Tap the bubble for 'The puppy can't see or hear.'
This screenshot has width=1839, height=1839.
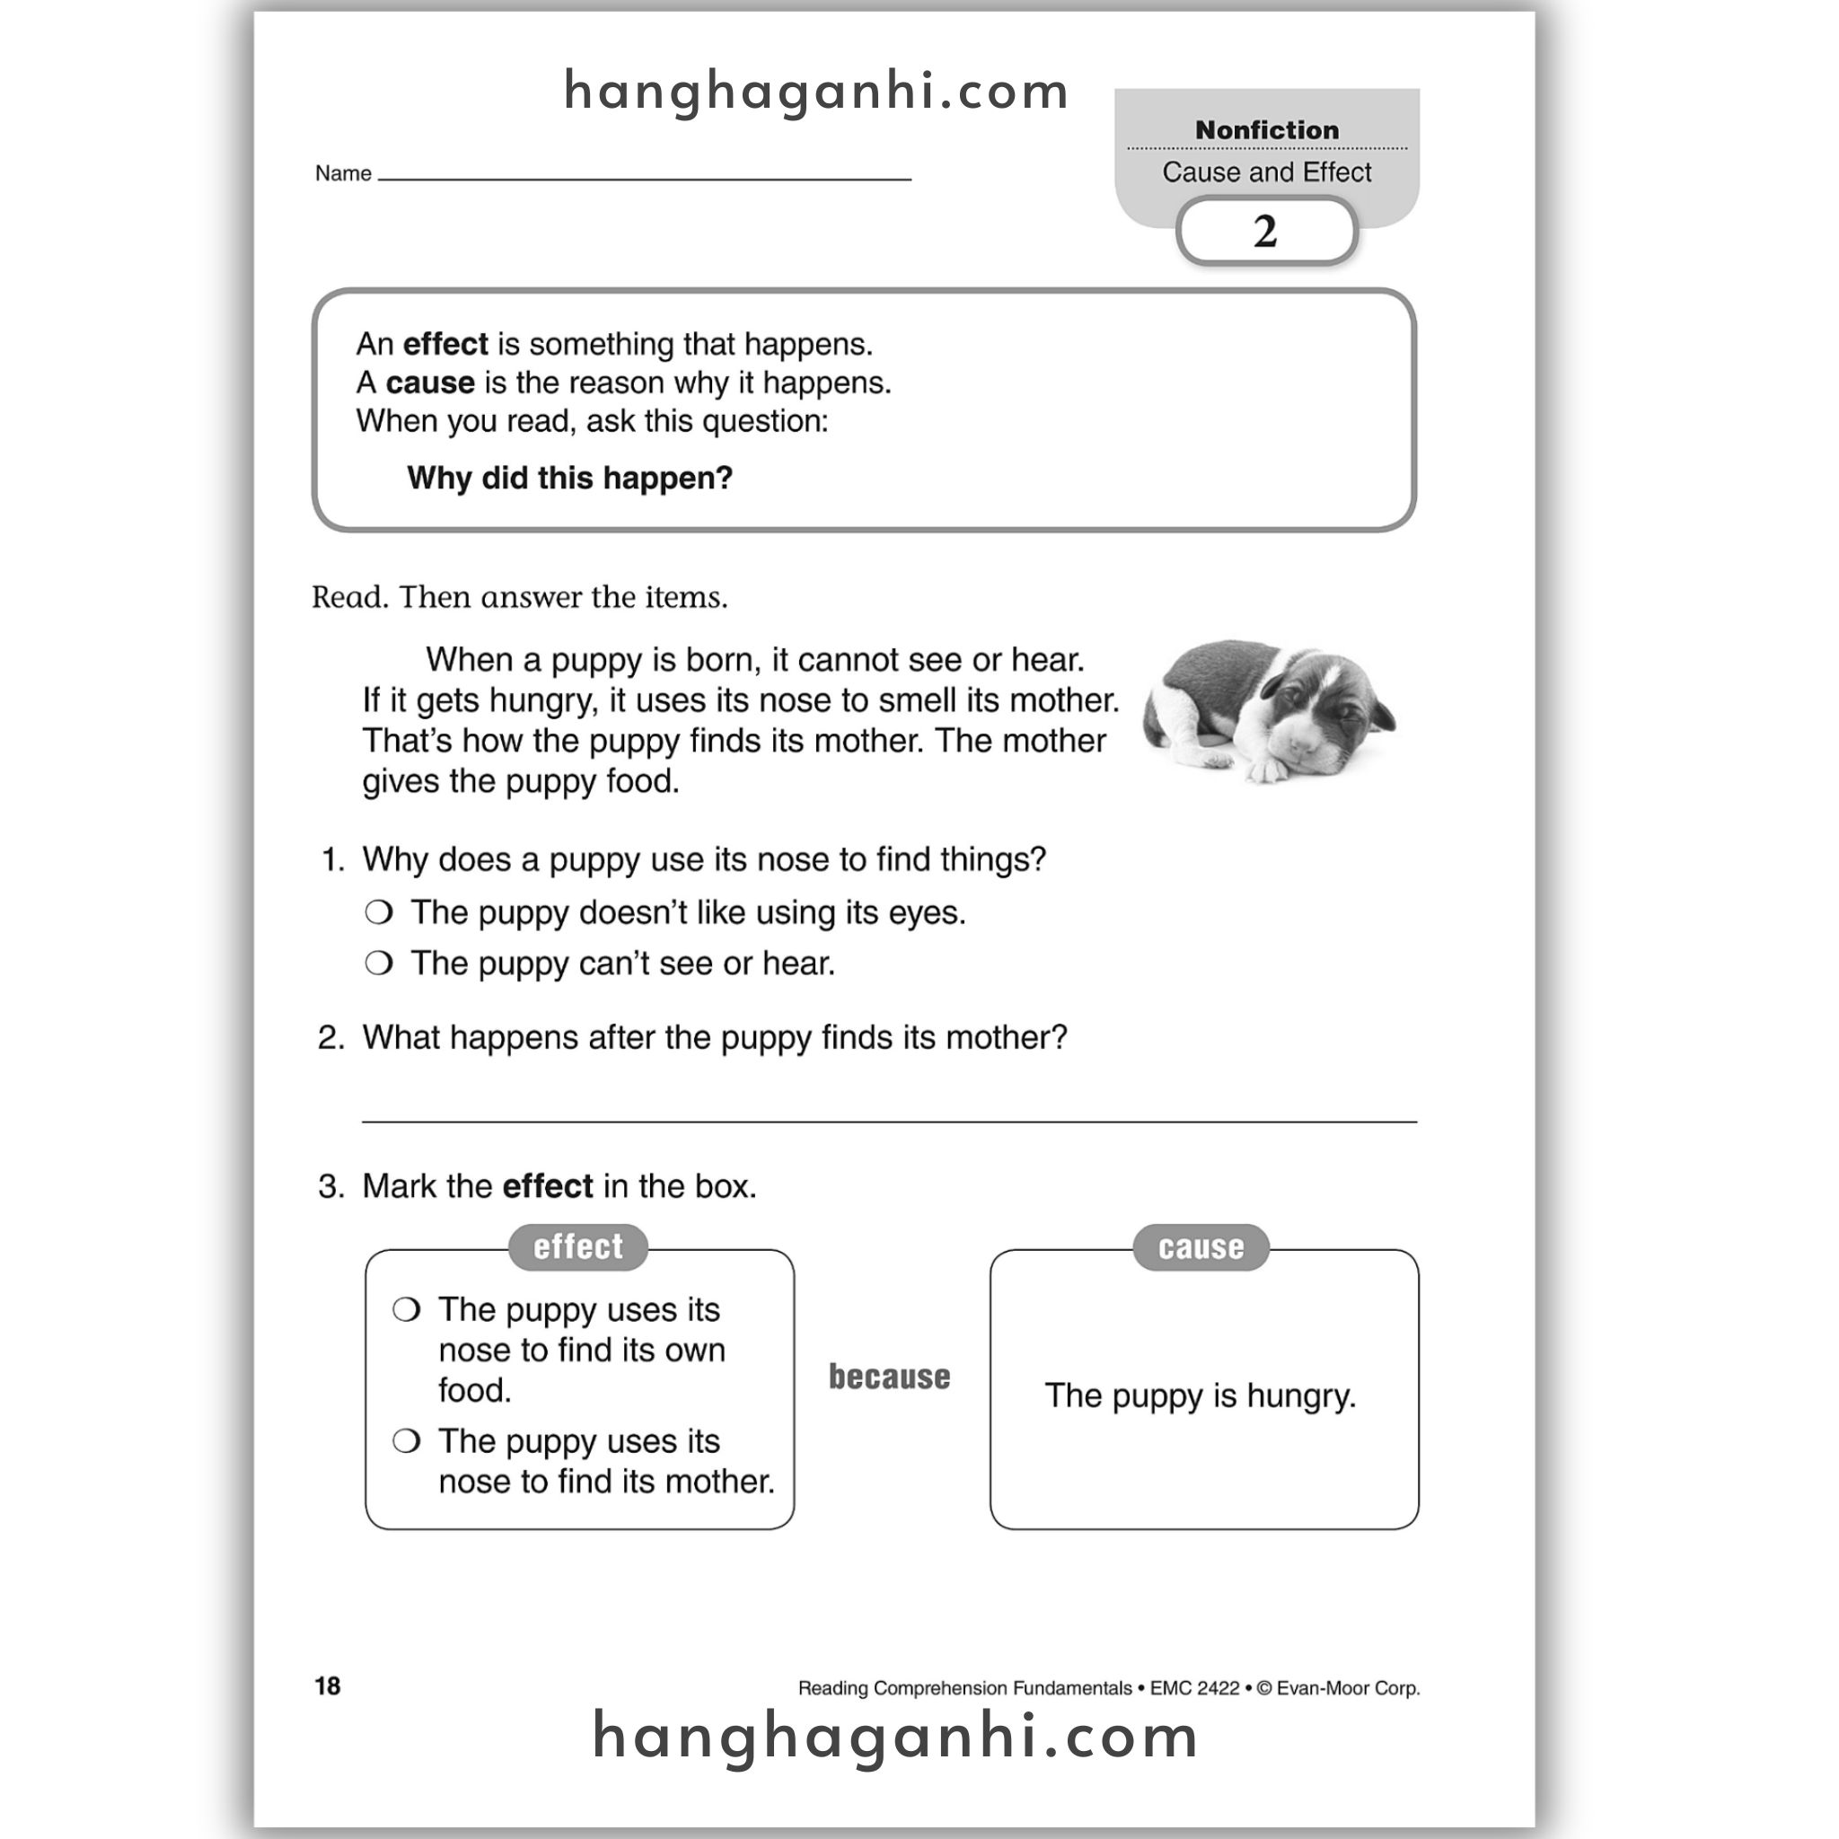[x=379, y=963]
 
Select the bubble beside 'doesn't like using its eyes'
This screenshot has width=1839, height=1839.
[x=379, y=913]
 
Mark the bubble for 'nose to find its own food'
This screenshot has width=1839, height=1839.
[x=407, y=1310]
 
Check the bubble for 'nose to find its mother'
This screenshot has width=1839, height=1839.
[x=407, y=1441]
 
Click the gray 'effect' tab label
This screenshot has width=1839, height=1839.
[x=577, y=1247]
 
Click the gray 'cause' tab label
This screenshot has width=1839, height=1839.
[x=1201, y=1247]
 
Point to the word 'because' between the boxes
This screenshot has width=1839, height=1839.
[x=889, y=1377]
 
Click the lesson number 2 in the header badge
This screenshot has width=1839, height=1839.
[x=1265, y=232]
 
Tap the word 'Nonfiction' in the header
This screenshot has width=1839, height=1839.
[x=1266, y=129]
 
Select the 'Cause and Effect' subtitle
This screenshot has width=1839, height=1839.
[x=1266, y=172]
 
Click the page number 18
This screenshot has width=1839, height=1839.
[x=328, y=1686]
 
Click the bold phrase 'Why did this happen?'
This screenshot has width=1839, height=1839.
[x=569, y=478]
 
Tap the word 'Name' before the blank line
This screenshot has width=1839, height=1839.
[x=343, y=173]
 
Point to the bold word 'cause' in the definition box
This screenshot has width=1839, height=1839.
[x=429, y=383]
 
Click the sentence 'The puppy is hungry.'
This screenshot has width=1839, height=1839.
[x=1200, y=1395]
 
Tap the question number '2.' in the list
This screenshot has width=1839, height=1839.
[x=331, y=1037]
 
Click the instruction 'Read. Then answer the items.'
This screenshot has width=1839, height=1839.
[x=520, y=597]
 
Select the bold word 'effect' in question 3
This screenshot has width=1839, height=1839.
[x=548, y=1187]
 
